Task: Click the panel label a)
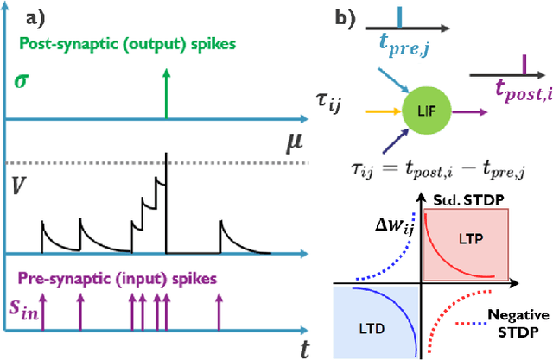click(x=63, y=15)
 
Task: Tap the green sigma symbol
click(x=22, y=83)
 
